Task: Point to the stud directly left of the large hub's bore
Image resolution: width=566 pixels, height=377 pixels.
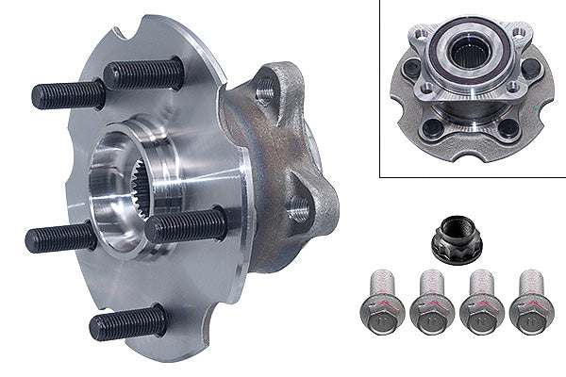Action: [x=61, y=237]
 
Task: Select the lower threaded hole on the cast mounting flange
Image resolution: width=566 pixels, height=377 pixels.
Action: [x=299, y=209]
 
